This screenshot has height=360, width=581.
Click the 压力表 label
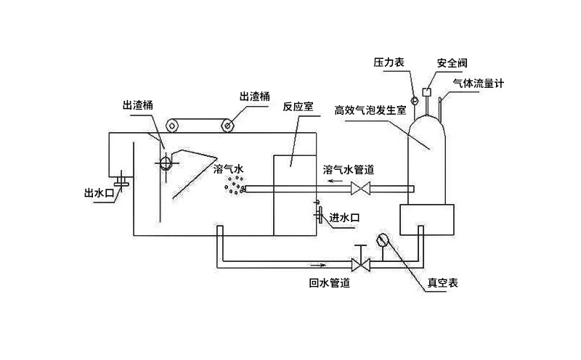389,63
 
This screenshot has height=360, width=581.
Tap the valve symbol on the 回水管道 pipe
358,262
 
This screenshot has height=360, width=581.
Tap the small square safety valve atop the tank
426,91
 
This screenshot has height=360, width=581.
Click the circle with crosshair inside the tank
166,163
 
